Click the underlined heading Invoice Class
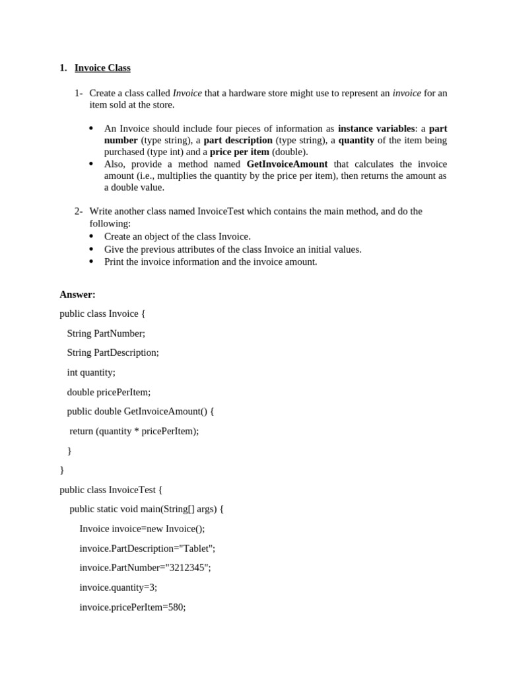tap(102, 68)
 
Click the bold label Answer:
tap(77, 294)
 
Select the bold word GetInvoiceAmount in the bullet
tap(287, 164)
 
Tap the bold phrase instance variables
tap(376, 129)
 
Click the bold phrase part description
tap(238, 141)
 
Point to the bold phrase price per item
tap(239, 152)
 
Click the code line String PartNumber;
tap(106, 333)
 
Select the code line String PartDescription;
tap(113, 353)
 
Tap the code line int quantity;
tap(91, 372)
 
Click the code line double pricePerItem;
tap(108, 392)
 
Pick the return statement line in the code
tap(134, 431)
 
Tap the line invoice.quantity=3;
tap(118, 588)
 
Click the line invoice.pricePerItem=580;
tap(132, 607)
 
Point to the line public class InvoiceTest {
tap(110, 490)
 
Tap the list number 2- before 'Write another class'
tap(79, 211)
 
